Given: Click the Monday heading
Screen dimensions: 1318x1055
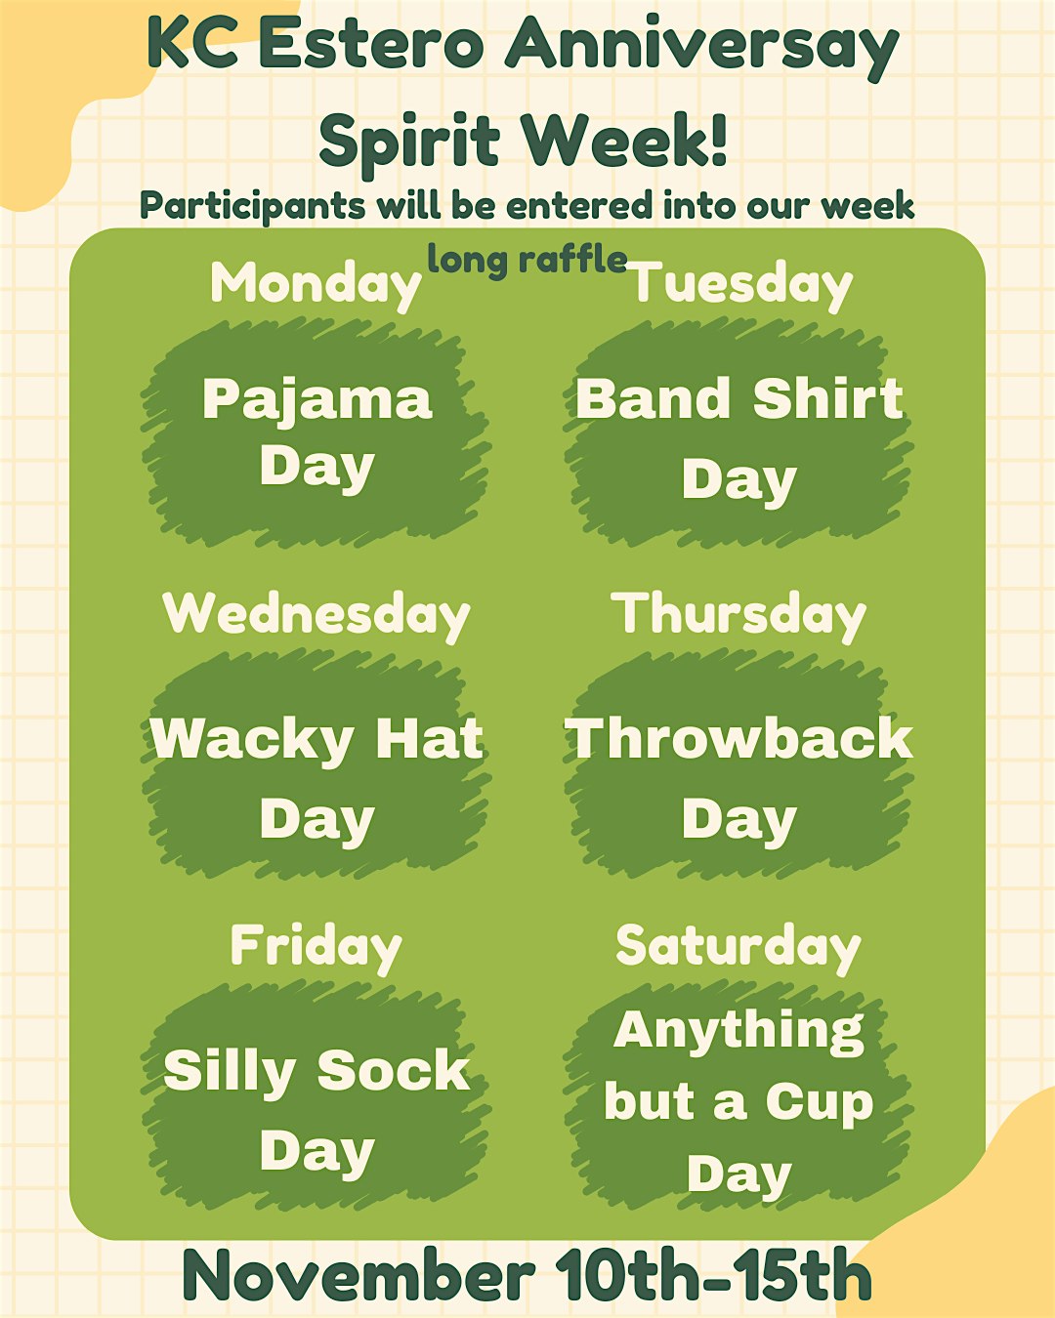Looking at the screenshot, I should tap(316, 284).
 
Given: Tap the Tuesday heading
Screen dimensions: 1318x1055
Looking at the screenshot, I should tap(740, 284).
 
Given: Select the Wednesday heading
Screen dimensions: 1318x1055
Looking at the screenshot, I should tap(316, 615).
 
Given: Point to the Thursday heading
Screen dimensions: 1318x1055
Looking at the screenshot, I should tap(739, 615).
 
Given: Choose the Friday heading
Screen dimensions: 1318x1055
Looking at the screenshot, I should tap(316, 947).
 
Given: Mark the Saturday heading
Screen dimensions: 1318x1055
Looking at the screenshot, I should tap(738, 947).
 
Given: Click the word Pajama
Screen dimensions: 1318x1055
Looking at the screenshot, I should tap(316, 400).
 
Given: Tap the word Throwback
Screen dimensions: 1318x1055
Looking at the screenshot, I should tap(739, 738).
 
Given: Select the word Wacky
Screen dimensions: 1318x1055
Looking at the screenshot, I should tap(251, 740).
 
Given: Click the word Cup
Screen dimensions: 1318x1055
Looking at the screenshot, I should tap(819, 1103).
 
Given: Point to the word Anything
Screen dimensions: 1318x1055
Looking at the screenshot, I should tap(739, 1031).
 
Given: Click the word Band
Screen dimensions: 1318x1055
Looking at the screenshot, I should tap(653, 399).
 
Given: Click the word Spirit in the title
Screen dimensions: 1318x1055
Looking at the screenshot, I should tap(409, 142).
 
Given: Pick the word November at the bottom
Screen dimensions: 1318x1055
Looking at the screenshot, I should tap(358, 1275).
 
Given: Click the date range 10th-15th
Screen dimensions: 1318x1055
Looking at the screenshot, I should tap(713, 1275).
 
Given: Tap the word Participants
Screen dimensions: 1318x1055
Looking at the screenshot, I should tap(254, 207).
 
